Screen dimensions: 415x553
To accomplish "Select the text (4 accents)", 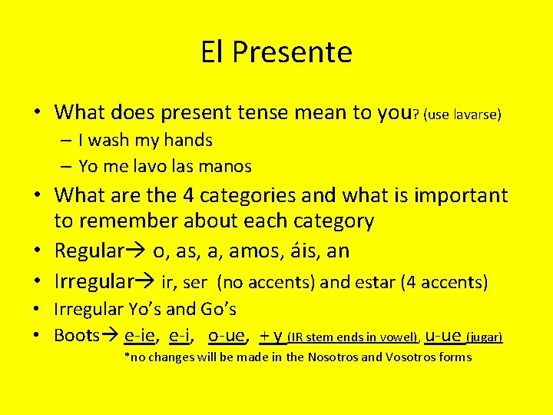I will pos(444,282).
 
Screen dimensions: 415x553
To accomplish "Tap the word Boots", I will pos(77,335).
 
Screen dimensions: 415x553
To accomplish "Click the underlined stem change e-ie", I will pos(141,335).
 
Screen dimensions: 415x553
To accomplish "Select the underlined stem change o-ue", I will pos(227,335).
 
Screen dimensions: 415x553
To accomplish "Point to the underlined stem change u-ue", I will pos(443,335).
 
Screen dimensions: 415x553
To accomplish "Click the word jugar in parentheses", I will pos(485,337).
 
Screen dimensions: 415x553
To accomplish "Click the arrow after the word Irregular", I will pos(144,282).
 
